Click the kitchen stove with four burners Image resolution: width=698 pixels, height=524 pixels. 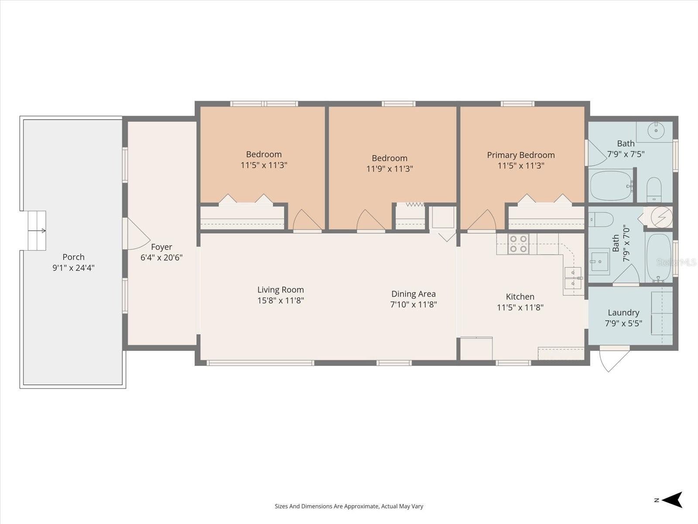pyautogui.click(x=518, y=244)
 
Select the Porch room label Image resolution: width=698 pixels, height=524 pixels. pyautogui.click(x=73, y=257)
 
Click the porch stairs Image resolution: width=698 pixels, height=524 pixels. pyautogui.click(x=37, y=231)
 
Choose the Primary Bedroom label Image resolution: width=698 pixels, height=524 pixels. pyautogui.click(x=520, y=155)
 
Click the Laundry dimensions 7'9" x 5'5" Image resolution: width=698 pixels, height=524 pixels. pyautogui.click(x=623, y=323)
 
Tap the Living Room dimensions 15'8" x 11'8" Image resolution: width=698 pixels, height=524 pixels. pyautogui.click(x=281, y=300)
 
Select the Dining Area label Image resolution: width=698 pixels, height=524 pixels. pyautogui.click(x=414, y=293)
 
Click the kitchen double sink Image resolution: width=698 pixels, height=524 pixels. pyautogui.click(x=573, y=278)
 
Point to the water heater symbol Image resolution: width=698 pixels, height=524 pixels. pyautogui.click(x=661, y=217)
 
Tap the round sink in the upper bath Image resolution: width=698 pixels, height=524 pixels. pyautogui.click(x=656, y=131)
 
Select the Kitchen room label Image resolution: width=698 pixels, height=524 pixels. pyautogui.click(x=520, y=296)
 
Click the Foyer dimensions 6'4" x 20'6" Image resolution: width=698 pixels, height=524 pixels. pyautogui.click(x=161, y=257)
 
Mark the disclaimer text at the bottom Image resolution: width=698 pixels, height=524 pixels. pyautogui.click(x=349, y=506)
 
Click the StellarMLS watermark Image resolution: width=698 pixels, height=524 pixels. pyautogui.click(x=676, y=262)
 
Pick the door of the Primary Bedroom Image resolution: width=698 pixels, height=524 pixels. pyautogui.click(x=482, y=220)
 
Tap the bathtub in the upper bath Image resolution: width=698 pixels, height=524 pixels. pyautogui.click(x=611, y=186)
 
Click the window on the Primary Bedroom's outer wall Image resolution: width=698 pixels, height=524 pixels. pyautogui.click(x=517, y=104)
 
